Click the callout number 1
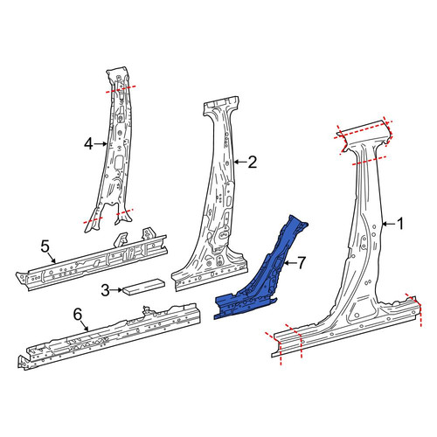tap(400, 224)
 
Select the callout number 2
tap(253, 162)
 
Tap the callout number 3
tap(106, 290)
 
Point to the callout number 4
tap(88, 144)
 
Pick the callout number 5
tap(45, 247)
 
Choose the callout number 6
tap(78, 315)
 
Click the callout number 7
tap(302, 263)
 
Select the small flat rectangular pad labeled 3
tap(144, 287)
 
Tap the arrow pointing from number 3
tap(116, 290)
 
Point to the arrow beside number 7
tap(289, 263)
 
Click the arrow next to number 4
tap(101, 143)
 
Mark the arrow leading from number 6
tap(84, 326)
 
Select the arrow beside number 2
tap(240, 162)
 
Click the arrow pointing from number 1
tap(389, 224)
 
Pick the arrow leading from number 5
tap(52, 258)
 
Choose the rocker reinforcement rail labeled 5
tap(92, 262)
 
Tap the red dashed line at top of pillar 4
tap(120, 89)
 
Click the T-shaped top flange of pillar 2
tap(222, 106)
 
